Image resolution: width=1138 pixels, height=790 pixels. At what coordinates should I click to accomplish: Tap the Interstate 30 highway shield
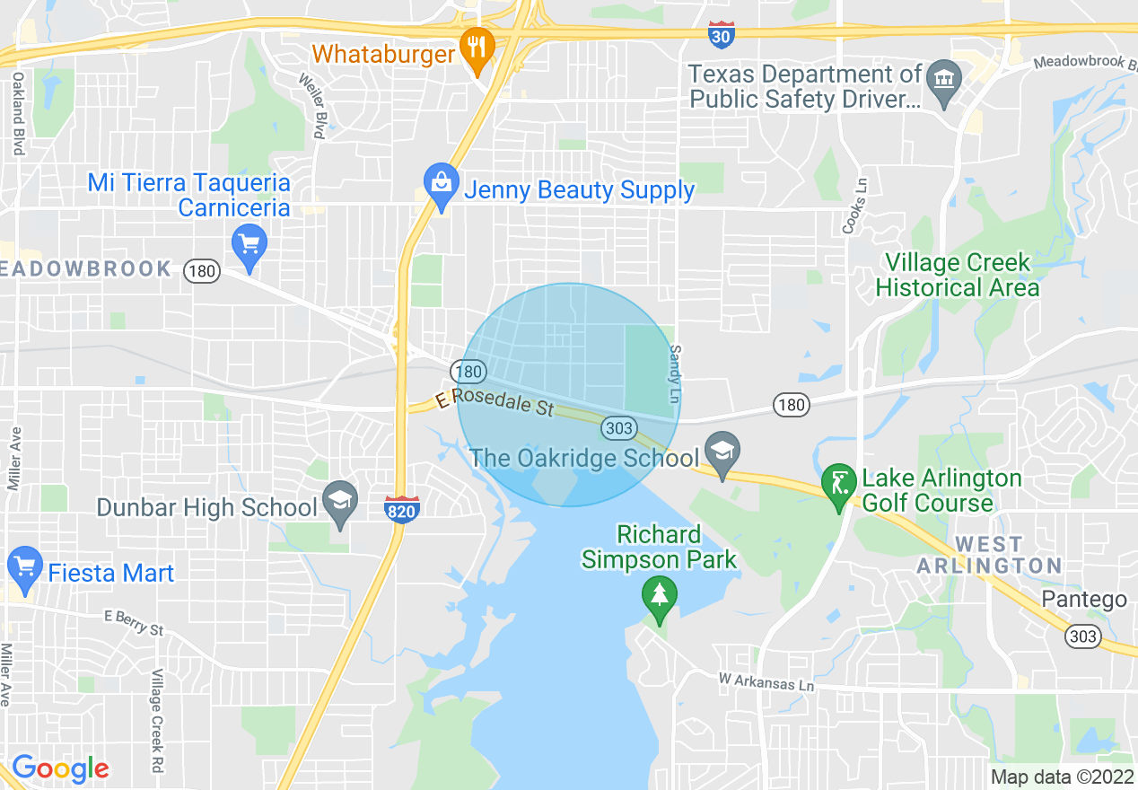coord(720,35)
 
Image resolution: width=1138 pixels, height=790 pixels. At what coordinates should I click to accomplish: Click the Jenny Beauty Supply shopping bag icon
coord(440,186)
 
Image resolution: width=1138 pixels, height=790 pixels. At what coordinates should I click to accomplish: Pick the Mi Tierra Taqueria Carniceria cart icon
coord(249,245)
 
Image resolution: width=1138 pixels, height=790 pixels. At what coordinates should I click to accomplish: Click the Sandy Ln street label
coord(676,374)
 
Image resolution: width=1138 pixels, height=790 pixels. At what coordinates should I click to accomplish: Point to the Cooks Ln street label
coord(849,206)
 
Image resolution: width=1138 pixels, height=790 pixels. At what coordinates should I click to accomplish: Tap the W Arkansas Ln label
coord(766,682)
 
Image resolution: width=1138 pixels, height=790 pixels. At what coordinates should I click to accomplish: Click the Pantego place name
coord(1084,600)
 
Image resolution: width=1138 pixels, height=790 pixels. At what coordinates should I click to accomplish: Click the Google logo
coord(60,768)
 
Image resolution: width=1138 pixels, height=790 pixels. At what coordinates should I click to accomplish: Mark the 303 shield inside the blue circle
coord(619,427)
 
